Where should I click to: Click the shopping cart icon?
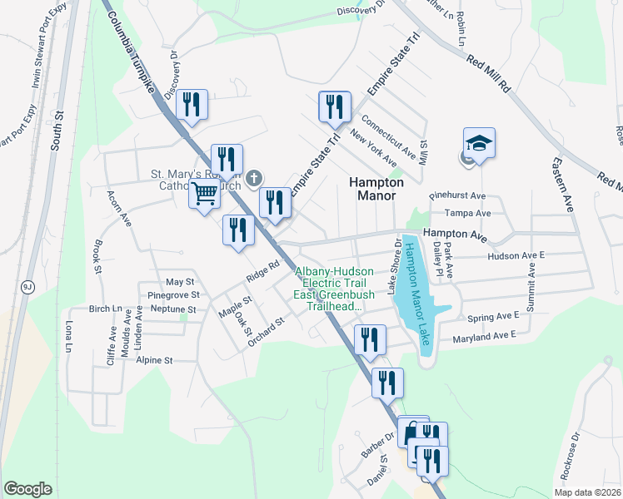204,195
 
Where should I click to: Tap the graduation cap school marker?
479,144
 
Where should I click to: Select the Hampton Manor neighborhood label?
376,189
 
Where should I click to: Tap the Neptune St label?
174,309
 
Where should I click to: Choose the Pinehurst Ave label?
456,196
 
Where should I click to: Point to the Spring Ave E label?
493,316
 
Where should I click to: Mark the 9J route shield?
27,287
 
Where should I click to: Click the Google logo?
27,488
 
